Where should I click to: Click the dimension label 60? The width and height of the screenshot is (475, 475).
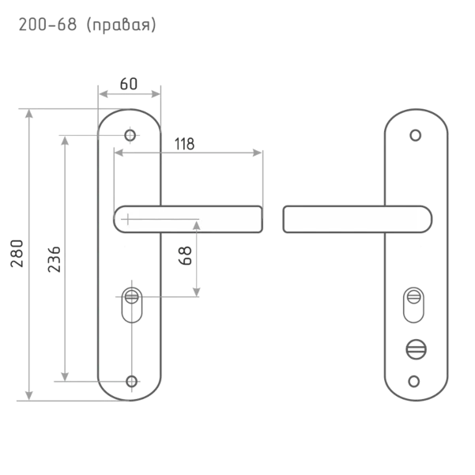[129, 84]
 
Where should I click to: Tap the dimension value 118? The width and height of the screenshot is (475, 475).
[184, 144]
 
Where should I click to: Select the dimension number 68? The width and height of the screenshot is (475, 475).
[186, 255]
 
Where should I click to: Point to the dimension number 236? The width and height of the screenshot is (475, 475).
[55, 259]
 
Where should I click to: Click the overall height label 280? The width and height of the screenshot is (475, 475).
[17, 253]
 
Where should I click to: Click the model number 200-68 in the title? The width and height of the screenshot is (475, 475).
[47, 25]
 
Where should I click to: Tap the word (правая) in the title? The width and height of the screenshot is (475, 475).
[121, 25]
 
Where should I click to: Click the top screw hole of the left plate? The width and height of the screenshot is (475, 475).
[130, 135]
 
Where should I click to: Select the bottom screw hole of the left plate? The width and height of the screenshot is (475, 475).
[132, 382]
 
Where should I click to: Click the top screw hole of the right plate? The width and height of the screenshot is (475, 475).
[415, 135]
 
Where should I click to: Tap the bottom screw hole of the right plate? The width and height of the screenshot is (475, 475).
[414, 382]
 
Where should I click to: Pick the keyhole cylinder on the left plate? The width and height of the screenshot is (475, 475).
[132, 305]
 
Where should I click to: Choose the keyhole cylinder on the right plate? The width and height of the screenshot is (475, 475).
[413, 305]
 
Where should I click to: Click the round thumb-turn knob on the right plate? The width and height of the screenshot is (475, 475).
[416, 349]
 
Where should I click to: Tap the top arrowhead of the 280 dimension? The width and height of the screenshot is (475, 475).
[29, 114]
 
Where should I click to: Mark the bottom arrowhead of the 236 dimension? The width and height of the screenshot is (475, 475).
[65, 376]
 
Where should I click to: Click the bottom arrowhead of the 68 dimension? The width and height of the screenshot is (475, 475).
[197, 292]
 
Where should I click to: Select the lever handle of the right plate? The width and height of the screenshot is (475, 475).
[357, 219]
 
